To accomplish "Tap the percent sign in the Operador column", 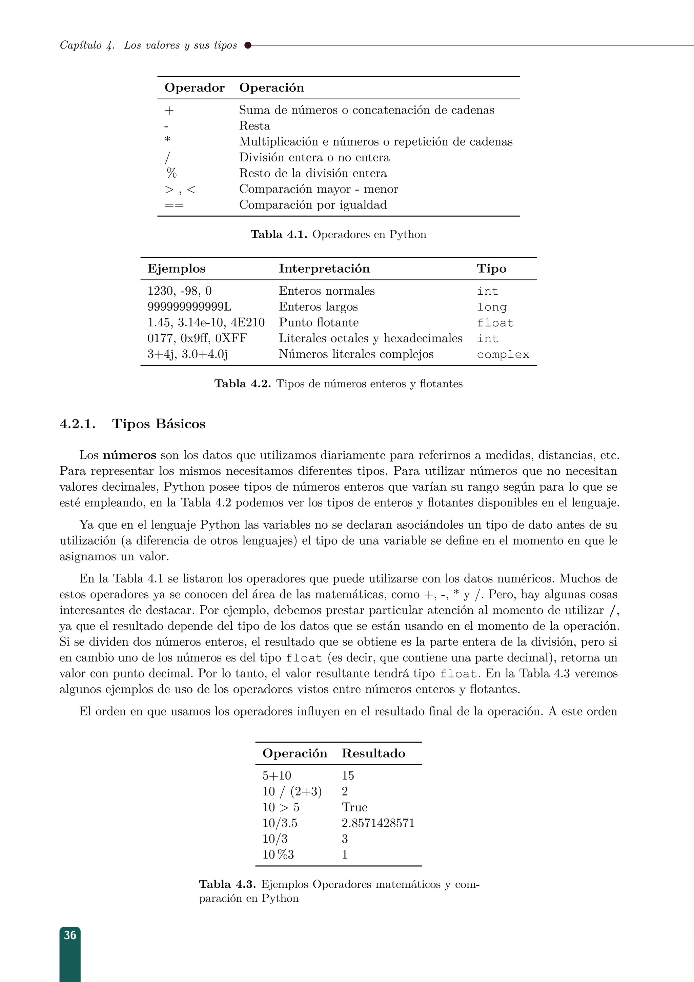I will click(171, 173).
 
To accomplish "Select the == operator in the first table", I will click(174, 205).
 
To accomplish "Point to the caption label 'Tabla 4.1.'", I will click(279, 234).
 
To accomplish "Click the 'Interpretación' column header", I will click(324, 269).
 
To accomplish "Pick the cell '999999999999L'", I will click(189, 307).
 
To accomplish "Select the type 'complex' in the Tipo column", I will click(503, 355).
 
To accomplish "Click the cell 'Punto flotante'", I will click(319, 322).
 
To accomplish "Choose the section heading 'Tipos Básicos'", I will click(159, 424).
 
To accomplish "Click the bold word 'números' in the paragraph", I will click(129, 455).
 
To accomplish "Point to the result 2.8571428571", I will click(378, 823).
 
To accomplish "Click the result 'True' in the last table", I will click(354, 807).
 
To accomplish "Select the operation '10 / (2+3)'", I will click(292, 791).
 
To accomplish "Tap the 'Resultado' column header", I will click(373, 753).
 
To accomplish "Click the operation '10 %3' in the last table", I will click(278, 855).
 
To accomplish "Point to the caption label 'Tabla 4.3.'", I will click(227, 884).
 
